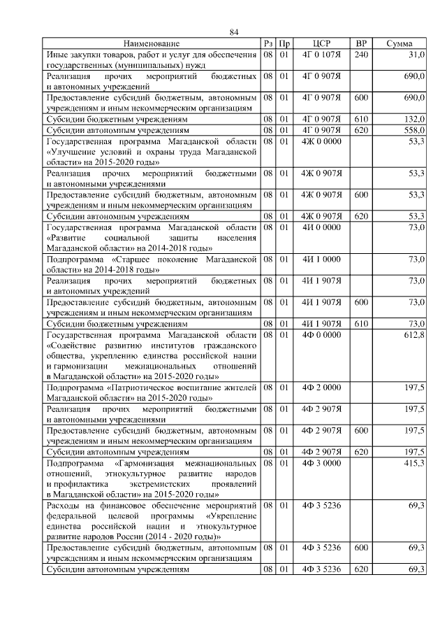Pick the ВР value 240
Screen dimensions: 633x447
(x=361, y=54)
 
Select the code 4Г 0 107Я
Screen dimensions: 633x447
(x=321, y=54)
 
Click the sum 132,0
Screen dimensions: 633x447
(x=414, y=120)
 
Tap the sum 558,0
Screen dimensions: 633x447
(x=414, y=130)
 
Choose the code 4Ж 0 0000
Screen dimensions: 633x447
(x=321, y=141)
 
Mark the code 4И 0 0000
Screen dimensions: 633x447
(x=321, y=227)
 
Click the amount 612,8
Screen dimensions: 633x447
(x=414, y=335)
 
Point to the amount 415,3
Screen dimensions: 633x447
(x=414, y=464)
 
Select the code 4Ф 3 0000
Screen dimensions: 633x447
(x=321, y=464)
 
